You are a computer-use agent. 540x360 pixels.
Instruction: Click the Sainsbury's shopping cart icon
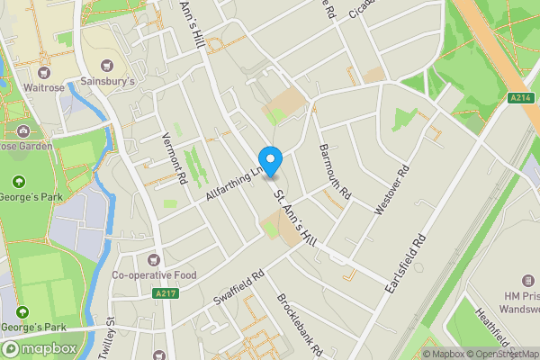tap(108, 66)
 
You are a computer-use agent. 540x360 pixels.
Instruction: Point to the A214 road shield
tap(517, 98)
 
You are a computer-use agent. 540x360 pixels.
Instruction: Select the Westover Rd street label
tap(392, 191)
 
